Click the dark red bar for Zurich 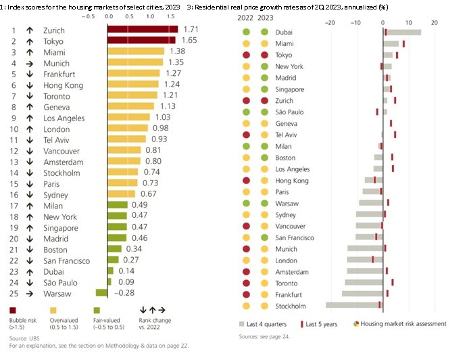(x=142, y=30)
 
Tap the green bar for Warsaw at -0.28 (x=101, y=293)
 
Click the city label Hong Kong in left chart (x=63, y=85)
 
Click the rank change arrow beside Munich (x=30, y=63)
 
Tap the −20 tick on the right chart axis (x=330, y=22)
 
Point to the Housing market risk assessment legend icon (x=356, y=323)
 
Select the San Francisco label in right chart (x=295, y=237)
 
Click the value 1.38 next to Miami (x=177, y=51)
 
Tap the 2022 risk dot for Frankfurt (x=247, y=294)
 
